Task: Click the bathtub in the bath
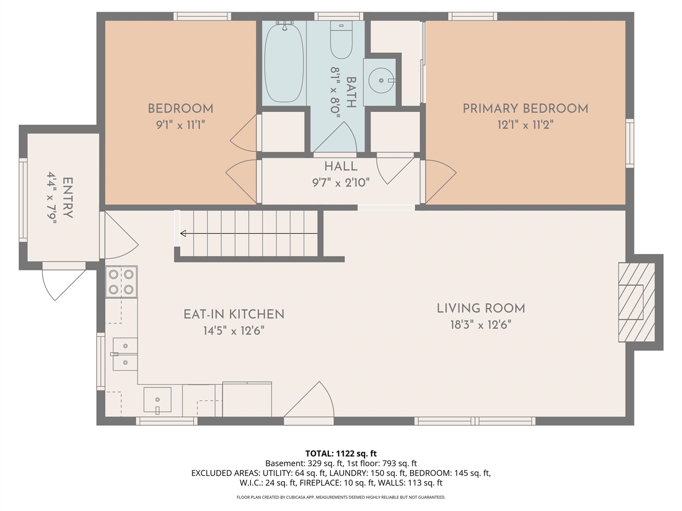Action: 284,62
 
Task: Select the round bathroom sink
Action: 381,80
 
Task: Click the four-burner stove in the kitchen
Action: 121,282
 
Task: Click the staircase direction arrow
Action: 249,233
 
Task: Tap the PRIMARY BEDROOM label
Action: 525,109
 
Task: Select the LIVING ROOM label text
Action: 481,308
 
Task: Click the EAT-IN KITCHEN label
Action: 233,315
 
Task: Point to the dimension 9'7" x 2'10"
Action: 340,183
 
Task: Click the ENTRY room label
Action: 68,198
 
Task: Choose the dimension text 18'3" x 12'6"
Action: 481,325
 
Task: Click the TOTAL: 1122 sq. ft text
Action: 340,454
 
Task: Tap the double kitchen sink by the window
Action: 125,355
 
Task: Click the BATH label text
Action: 351,93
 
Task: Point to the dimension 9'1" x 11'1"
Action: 180,125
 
